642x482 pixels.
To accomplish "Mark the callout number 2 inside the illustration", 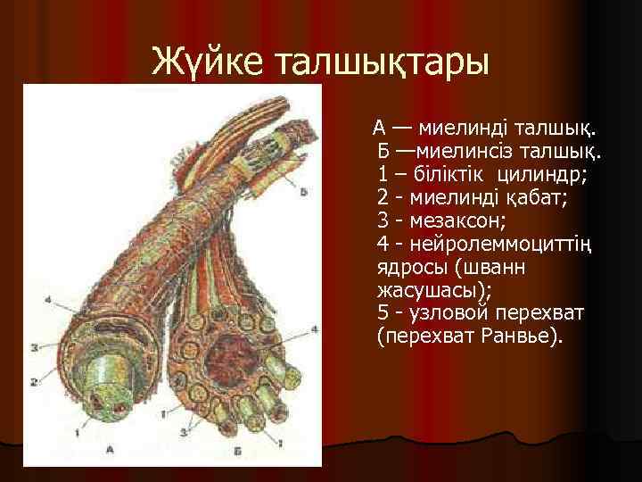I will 34,381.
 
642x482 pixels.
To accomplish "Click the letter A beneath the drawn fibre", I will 110,449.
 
